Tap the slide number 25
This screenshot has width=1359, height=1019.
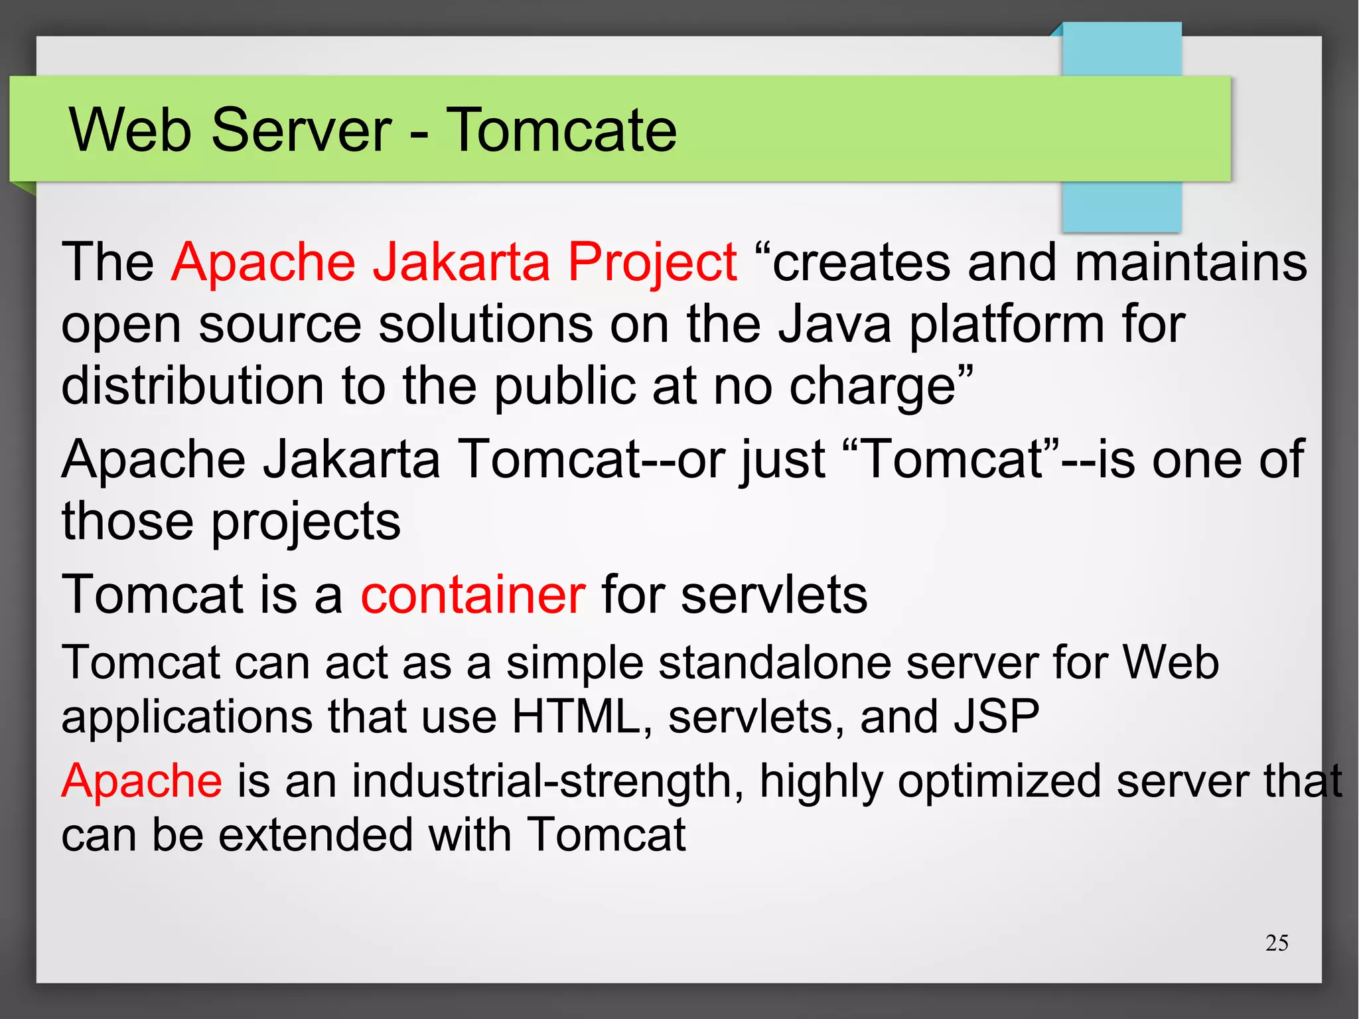point(1276,943)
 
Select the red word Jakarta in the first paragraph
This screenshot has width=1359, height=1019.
point(461,262)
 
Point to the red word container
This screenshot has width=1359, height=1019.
point(472,595)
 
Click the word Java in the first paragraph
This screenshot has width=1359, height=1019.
point(834,325)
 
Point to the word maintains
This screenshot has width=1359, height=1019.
point(1190,262)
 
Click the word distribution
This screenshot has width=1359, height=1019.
point(192,386)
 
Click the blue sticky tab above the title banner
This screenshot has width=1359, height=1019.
point(1121,50)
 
